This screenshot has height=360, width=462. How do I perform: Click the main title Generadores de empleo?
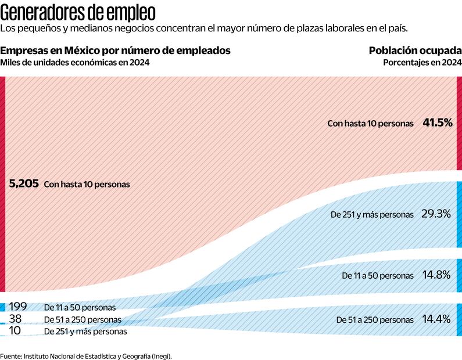[x=78, y=11]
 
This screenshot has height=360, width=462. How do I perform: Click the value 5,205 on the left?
[x=24, y=183]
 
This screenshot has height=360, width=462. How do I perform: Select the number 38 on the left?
[x=16, y=319]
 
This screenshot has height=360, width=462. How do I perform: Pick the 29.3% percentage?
[x=436, y=214]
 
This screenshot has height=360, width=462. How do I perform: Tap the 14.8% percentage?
[x=436, y=274]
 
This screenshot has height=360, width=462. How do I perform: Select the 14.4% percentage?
[x=436, y=319]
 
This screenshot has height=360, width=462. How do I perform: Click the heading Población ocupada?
[x=415, y=51]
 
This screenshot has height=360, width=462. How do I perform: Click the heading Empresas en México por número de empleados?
[x=115, y=51]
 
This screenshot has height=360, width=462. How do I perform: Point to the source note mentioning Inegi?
[x=86, y=355]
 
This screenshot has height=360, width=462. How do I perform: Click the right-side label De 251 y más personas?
[x=372, y=214]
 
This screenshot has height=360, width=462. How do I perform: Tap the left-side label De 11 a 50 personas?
[x=80, y=307]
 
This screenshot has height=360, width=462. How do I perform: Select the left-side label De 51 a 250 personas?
[x=83, y=319]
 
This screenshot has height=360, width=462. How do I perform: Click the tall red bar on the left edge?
[x=2, y=183]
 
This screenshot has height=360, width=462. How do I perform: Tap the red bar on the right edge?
[x=459, y=123]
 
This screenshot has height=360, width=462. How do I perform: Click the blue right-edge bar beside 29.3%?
[x=459, y=215]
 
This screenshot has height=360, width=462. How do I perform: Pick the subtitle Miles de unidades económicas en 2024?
[x=75, y=63]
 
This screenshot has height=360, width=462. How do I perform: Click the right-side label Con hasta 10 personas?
[x=370, y=124]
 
